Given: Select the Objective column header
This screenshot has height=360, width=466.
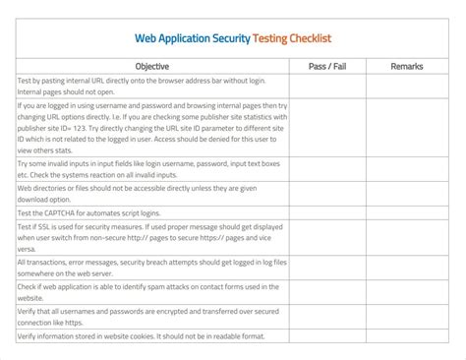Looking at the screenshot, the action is pyautogui.click(x=151, y=66).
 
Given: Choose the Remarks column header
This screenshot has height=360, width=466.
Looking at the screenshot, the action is pyautogui.click(x=406, y=66).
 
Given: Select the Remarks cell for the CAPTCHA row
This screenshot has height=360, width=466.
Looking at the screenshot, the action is pyautogui.click(x=406, y=212).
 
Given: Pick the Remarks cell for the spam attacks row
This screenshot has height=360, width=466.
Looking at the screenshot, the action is pyautogui.click(x=406, y=291).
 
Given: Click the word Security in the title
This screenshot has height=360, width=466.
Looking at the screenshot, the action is pyautogui.click(x=228, y=38).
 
